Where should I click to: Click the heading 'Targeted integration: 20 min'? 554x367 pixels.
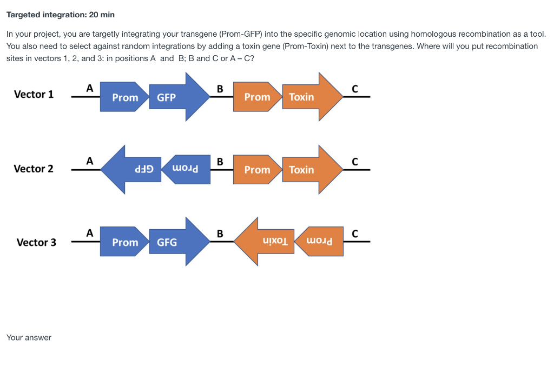[x=61, y=15]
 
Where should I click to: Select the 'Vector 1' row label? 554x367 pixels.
[x=34, y=95]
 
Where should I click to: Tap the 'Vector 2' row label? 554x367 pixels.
[x=34, y=169]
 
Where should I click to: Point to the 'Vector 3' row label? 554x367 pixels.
[x=36, y=242]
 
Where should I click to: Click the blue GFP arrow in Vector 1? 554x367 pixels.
[x=176, y=97]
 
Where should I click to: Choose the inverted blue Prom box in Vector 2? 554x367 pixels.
[x=187, y=169]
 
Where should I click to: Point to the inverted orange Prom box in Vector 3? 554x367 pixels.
[x=320, y=242]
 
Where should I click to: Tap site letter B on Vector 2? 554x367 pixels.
[x=220, y=161]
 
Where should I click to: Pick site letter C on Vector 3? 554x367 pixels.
[x=355, y=234]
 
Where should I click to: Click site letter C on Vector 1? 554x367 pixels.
[x=355, y=89]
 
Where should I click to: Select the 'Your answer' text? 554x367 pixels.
[x=29, y=338]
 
